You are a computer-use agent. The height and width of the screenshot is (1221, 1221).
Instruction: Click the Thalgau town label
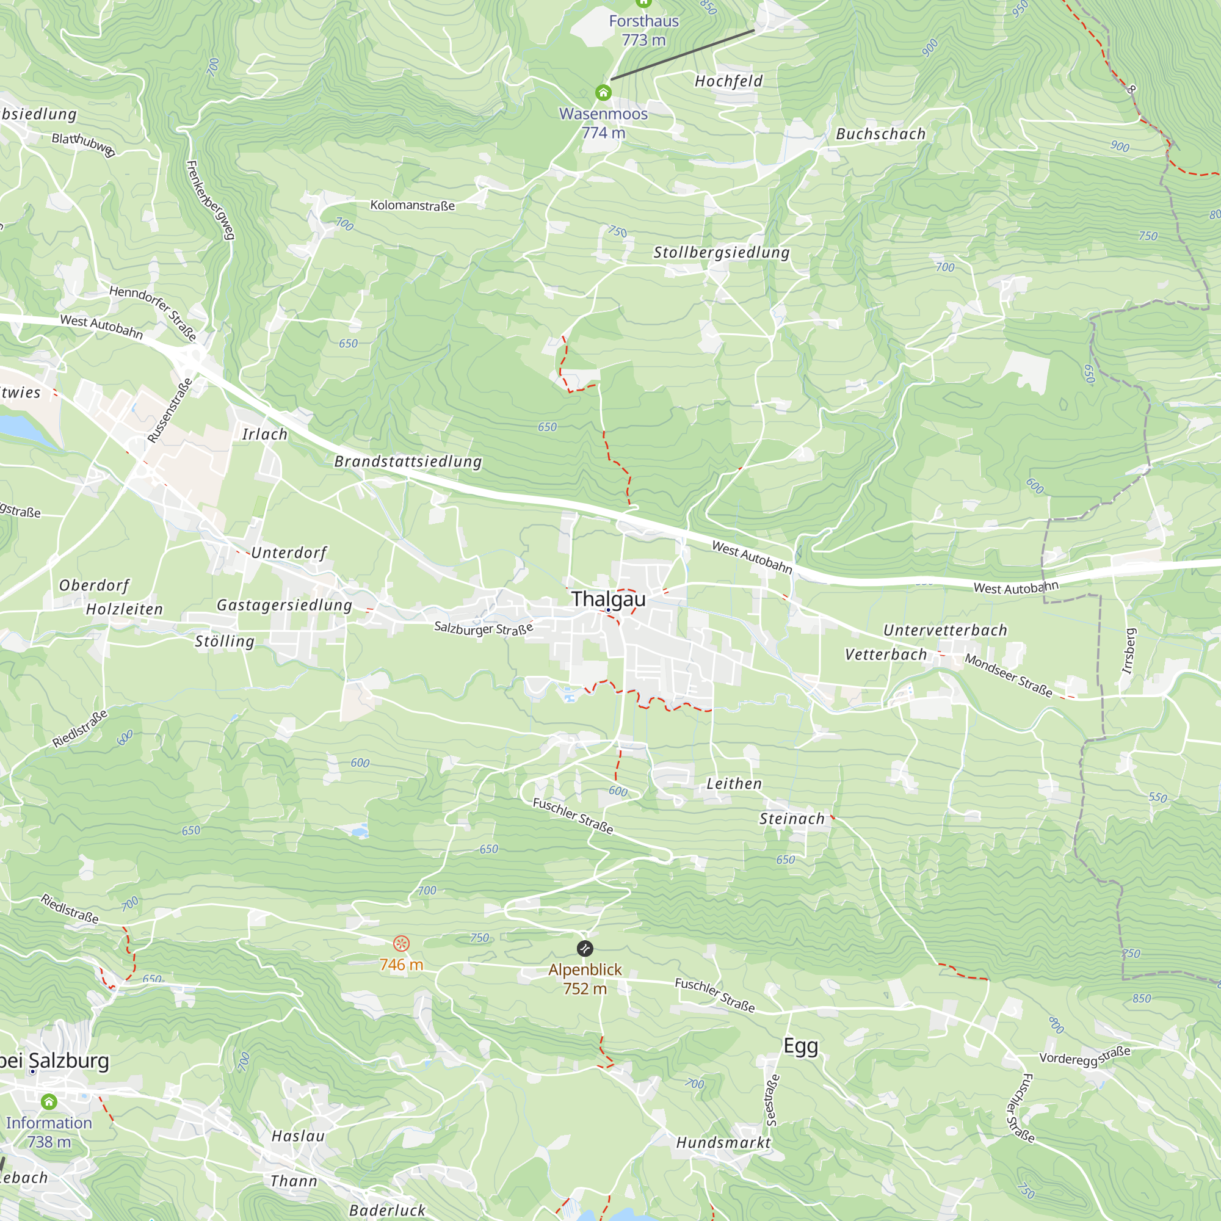point(608,598)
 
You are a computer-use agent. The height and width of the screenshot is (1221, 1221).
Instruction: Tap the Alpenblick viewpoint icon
point(585,948)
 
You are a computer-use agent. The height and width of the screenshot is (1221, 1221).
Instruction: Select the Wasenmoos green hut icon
point(603,93)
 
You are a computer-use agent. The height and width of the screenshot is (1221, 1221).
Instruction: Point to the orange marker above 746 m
point(400,944)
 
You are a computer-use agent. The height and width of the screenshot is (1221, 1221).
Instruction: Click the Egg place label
point(801,1046)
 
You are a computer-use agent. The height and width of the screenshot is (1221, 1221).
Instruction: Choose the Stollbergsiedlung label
point(721,252)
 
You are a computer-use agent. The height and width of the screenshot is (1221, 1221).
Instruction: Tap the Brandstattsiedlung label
point(408,462)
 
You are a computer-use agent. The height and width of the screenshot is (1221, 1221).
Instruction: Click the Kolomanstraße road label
point(412,205)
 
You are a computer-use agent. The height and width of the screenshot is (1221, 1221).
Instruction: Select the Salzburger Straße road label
point(484,628)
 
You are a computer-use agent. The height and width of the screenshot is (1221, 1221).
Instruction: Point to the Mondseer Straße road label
point(1008,676)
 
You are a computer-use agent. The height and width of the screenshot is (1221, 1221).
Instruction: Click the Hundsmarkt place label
point(723,1142)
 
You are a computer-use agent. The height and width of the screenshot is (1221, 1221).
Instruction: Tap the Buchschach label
point(880,134)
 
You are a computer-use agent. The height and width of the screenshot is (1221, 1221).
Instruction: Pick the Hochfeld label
point(729,81)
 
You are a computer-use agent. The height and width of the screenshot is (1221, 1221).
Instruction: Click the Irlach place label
point(265,434)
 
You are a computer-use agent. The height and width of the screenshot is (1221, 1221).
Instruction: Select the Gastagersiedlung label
point(284,605)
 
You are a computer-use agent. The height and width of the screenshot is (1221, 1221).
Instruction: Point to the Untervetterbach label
point(945,630)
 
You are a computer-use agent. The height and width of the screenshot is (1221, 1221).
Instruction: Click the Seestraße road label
point(772,1100)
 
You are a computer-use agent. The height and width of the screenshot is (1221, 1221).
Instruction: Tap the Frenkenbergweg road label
point(211,200)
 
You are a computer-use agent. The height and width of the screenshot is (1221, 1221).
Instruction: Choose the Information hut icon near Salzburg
point(49,1102)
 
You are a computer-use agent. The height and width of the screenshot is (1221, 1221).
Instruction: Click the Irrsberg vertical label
point(1129,651)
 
